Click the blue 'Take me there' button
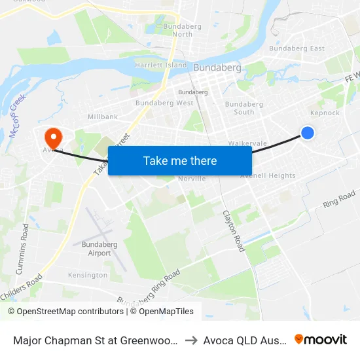[180, 160]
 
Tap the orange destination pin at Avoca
[52, 136]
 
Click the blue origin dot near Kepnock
[307, 133]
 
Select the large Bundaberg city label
[217, 67]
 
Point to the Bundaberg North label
[173, 30]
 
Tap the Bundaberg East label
[297, 48]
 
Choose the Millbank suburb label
[102, 117]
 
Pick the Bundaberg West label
[164, 103]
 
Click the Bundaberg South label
[243, 108]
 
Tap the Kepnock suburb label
[325, 113]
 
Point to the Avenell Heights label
[268, 175]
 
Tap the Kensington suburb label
[87, 275]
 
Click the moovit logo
[321, 339]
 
